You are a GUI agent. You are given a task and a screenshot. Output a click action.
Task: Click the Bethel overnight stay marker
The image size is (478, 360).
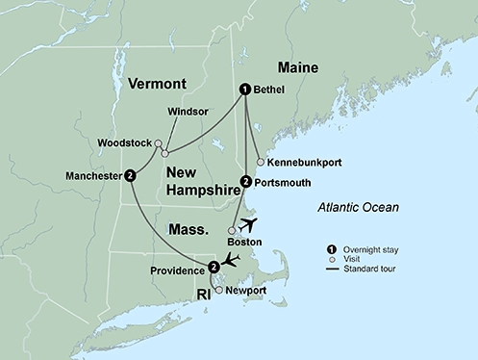click(x=245, y=90)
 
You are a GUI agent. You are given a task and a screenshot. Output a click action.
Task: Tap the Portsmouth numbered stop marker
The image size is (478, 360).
click(x=245, y=181)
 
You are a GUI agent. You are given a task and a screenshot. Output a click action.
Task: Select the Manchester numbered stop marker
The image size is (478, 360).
click(x=129, y=176)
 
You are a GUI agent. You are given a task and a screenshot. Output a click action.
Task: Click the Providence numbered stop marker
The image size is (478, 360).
click(x=214, y=265)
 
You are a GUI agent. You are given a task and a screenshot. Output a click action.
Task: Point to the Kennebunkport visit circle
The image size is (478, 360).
click(x=260, y=162)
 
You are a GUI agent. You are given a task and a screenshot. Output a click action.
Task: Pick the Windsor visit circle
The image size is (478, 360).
click(x=165, y=152)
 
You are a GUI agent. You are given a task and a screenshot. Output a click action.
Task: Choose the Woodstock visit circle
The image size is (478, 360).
click(x=159, y=143)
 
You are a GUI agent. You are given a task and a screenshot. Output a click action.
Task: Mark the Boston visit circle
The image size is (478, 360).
click(x=231, y=231)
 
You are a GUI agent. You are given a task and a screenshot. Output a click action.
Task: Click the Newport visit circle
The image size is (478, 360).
click(x=218, y=289)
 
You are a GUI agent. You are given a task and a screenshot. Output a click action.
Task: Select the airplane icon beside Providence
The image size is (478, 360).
click(x=231, y=259)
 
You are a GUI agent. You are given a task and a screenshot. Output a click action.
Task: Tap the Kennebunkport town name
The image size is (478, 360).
click(x=302, y=162)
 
